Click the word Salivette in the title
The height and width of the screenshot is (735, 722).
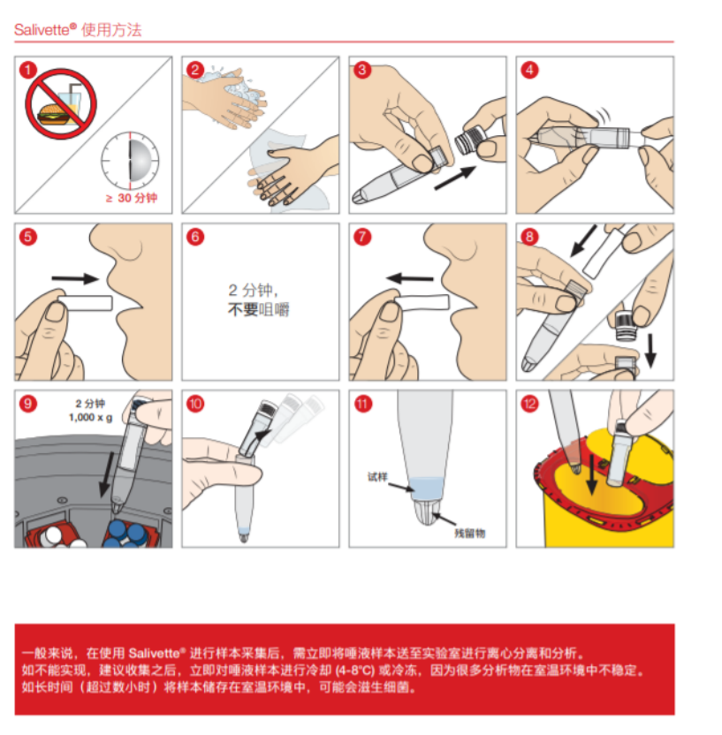42,30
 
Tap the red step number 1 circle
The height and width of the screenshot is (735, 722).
28,71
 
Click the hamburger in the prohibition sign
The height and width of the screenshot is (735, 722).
51,114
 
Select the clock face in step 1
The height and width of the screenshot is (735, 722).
130,162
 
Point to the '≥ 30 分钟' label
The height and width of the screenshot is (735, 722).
132,198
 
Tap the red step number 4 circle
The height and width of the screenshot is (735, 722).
529,71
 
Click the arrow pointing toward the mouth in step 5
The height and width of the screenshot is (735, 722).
75,279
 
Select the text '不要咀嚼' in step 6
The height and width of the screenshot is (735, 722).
258,309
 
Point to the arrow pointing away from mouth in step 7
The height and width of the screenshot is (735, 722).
410,278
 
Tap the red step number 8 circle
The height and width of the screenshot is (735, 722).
529,237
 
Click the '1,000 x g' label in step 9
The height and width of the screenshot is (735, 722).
90,417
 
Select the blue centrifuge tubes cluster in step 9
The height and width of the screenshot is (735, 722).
128,535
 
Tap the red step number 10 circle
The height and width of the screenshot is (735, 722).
195,404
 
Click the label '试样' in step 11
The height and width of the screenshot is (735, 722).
377,477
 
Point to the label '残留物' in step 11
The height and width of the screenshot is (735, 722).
470,533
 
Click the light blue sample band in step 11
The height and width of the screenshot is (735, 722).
426,489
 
